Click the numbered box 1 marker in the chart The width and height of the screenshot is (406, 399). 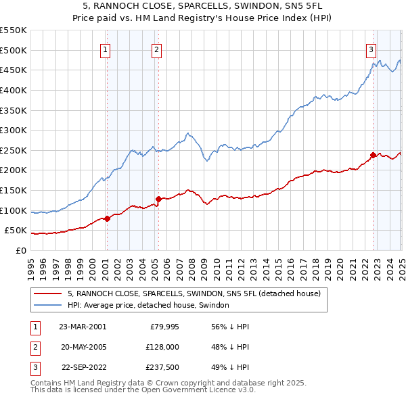tap(106, 49)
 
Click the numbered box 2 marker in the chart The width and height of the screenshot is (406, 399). tap(156, 49)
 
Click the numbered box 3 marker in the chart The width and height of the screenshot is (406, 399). tap(371, 49)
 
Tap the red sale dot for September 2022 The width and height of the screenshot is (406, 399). tap(373, 155)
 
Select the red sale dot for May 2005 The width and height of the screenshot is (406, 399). tap(158, 199)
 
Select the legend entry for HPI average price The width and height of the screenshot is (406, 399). tap(149, 306)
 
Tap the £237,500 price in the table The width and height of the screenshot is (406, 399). tap(160, 368)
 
